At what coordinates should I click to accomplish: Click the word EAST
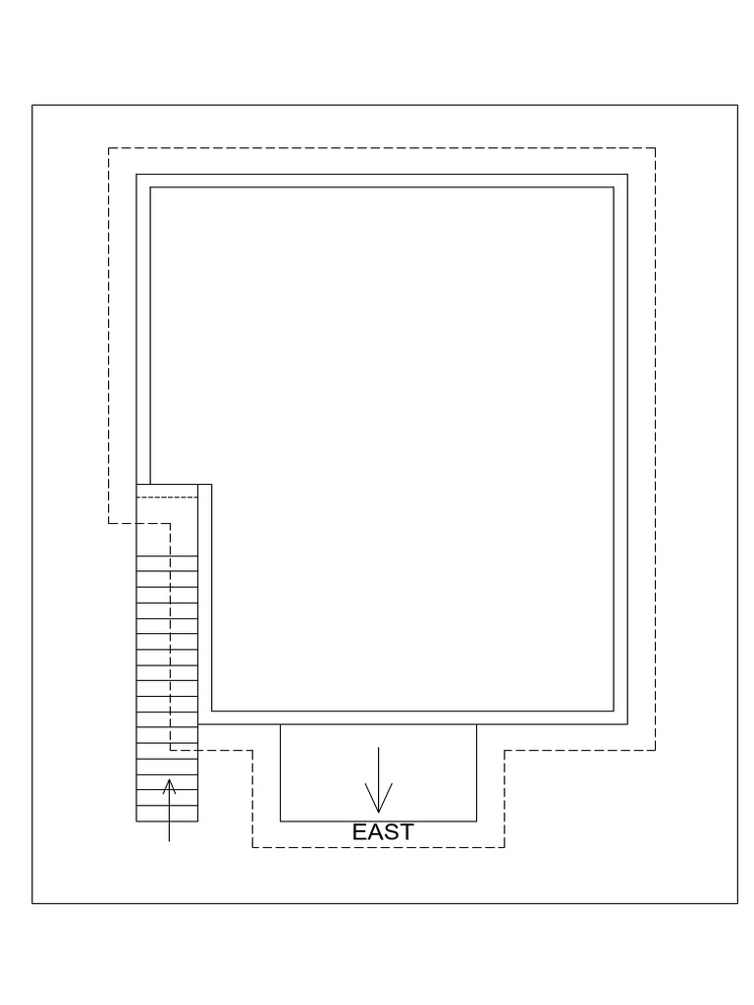(383, 832)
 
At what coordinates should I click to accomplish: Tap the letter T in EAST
(405, 832)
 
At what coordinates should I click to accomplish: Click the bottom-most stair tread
(167, 813)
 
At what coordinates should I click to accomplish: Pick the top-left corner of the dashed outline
(108, 148)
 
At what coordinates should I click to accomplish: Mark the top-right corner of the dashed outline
(655, 148)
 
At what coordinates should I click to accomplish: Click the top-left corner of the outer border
(32, 105)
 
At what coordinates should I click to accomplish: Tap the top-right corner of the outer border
(737, 105)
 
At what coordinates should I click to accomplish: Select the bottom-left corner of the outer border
(32, 903)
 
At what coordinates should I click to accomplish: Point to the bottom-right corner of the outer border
(737, 903)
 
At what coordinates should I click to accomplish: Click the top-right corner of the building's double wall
(626, 175)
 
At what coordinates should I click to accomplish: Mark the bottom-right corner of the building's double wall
(626, 724)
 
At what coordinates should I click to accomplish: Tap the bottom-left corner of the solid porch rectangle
(281, 820)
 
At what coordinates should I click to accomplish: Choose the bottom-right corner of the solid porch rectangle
(476, 820)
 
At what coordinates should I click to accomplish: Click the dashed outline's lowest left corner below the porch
(253, 847)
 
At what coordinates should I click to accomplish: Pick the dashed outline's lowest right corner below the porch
(505, 847)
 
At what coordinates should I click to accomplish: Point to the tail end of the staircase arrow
(170, 841)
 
